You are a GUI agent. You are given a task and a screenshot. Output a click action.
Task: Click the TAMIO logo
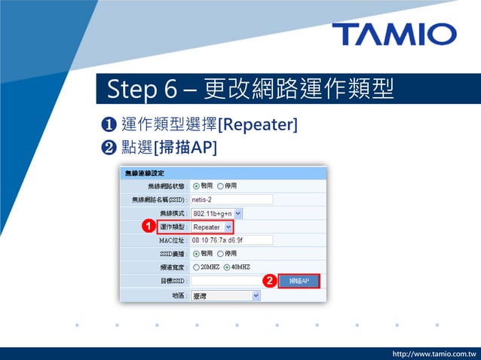click(x=394, y=34)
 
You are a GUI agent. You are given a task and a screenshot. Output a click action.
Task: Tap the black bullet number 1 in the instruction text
click(x=106, y=124)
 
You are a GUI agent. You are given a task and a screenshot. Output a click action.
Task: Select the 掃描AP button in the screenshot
click(x=299, y=281)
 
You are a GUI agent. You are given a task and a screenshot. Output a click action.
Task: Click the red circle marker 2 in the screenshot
click(x=268, y=281)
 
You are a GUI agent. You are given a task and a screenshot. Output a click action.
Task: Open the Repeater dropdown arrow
click(x=228, y=227)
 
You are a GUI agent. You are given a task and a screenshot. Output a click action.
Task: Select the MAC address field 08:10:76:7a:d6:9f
click(x=231, y=240)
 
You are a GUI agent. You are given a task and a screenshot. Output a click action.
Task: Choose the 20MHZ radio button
click(x=197, y=267)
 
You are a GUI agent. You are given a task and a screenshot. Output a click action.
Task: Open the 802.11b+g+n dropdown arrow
click(x=238, y=213)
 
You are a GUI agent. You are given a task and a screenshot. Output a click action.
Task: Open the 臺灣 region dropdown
click(x=225, y=295)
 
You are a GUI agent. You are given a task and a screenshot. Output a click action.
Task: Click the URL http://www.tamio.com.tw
click(x=435, y=352)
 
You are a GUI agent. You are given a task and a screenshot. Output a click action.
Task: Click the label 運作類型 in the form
click(x=173, y=227)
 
